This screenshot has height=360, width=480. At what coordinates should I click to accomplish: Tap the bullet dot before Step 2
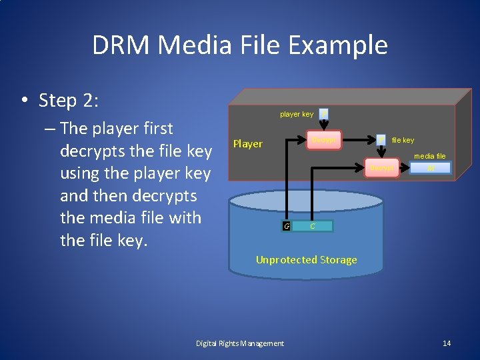click(x=23, y=101)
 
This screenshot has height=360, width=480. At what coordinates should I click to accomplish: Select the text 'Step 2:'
click(x=69, y=101)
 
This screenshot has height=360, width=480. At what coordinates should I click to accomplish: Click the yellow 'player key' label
click(x=296, y=114)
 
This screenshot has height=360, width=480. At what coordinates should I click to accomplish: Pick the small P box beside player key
click(x=323, y=113)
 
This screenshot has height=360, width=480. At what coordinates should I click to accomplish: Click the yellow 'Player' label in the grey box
click(x=247, y=144)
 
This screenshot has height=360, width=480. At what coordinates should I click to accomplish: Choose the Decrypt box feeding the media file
click(x=383, y=169)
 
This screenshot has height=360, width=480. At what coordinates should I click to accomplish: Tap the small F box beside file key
click(x=381, y=139)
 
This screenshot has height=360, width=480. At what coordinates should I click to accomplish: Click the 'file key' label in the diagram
click(x=403, y=140)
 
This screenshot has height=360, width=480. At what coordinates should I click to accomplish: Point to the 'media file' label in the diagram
click(x=429, y=156)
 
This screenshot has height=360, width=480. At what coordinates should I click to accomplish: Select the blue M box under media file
click(x=430, y=169)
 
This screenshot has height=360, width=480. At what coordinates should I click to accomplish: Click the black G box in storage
click(x=286, y=226)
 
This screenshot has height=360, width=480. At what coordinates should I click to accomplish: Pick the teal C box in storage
click(x=312, y=226)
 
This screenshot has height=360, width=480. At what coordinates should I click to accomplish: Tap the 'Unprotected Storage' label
click(x=306, y=260)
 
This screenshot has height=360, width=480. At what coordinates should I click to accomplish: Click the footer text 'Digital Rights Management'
click(x=239, y=343)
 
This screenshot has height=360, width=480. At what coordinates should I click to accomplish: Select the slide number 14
click(x=447, y=343)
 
